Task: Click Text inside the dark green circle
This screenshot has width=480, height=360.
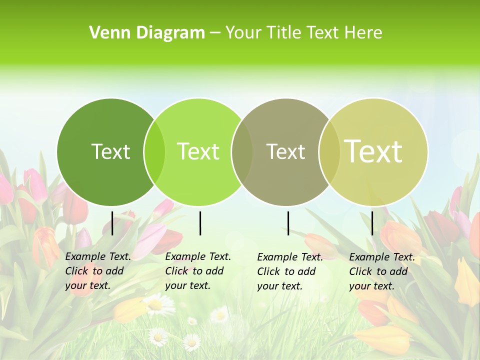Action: tap(110, 151)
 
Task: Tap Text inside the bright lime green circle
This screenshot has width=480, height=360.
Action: tap(198, 151)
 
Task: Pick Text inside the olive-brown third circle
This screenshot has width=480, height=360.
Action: tap(285, 151)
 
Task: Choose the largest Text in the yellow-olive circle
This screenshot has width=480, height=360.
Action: tap(373, 151)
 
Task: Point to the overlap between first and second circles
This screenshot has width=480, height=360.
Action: tap(154, 151)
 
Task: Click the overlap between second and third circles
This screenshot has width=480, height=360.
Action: tap(242, 151)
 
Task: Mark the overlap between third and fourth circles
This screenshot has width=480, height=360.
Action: tap(328, 151)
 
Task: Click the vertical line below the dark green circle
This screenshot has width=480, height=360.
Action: tap(112, 223)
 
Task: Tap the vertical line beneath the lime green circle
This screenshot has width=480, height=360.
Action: tap(200, 223)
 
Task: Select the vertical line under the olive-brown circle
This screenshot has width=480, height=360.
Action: tap(288, 223)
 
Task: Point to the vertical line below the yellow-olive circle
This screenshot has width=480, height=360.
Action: tap(372, 223)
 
